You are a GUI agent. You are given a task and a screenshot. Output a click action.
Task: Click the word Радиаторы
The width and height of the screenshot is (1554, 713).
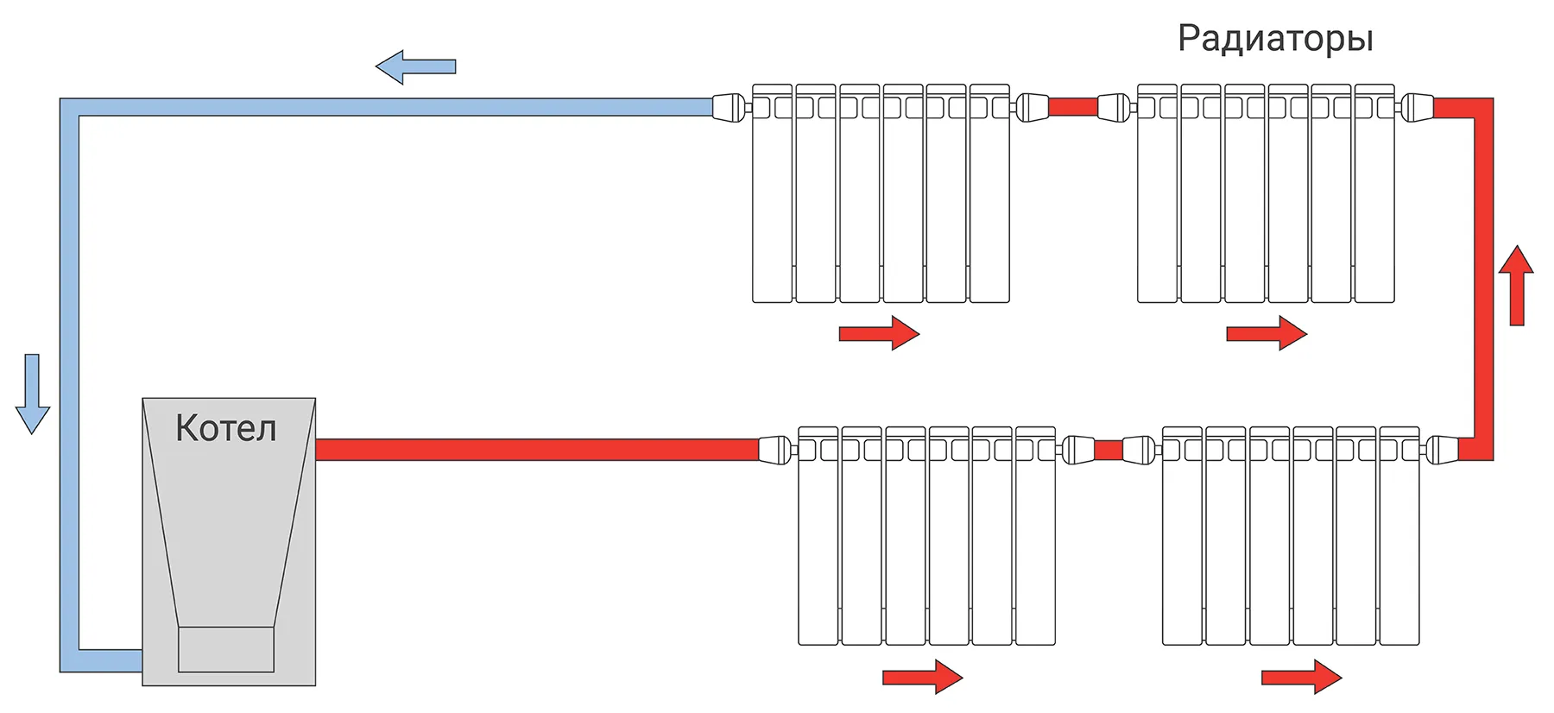click(1275, 39)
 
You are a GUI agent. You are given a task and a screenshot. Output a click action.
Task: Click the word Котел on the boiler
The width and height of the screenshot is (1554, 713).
click(226, 428)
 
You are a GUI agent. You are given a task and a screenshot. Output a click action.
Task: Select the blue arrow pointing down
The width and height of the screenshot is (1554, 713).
click(32, 394)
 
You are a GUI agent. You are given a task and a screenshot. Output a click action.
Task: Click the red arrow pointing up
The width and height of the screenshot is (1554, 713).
click(1516, 285)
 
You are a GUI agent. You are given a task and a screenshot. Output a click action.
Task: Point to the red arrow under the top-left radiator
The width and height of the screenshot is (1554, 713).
click(879, 333)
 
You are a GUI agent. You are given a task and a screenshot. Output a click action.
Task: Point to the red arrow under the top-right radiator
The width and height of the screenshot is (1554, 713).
click(1267, 333)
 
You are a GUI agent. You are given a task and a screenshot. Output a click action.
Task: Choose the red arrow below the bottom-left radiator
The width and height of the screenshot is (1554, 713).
click(922, 678)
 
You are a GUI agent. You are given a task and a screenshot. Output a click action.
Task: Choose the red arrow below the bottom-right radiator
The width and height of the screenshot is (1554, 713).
click(1301, 678)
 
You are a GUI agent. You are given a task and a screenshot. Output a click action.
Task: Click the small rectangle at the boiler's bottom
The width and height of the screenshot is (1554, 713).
click(226, 649)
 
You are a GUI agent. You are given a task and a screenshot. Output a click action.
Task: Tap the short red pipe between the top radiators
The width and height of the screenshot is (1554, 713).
click(1072, 108)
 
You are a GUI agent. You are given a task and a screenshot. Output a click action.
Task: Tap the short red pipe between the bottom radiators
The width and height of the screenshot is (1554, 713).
click(1109, 450)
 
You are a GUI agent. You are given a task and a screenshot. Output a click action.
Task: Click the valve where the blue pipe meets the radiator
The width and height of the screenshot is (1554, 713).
click(729, 108)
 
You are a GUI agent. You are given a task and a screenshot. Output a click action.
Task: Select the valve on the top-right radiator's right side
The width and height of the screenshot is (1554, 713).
click(1416, 108)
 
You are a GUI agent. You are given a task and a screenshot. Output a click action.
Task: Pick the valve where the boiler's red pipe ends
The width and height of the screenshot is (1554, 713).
click(774, 450)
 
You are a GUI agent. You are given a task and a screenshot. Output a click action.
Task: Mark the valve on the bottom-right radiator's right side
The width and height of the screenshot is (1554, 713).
click(1441, 450)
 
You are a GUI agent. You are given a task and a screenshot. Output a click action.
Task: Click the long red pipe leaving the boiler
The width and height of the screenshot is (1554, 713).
click(535, 450)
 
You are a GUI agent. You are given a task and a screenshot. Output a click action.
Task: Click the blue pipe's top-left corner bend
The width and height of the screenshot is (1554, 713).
click(70, 108)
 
